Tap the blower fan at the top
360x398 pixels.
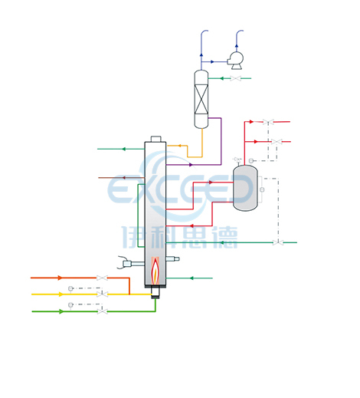click(x=235, y=61)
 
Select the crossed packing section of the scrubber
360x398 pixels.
click(x=201, y=99)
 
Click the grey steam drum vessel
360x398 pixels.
click(x=245, y=188)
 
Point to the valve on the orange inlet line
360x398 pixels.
click(x=102, y=278)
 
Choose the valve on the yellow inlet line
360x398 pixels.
click(x=103, y=294)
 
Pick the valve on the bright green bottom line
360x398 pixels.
click(x=103, y=311)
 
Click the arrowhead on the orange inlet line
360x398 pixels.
click(x=60, y=278)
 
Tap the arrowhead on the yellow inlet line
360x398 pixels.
click(x=61, y=294)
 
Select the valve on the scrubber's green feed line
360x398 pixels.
click(x=235, y=78)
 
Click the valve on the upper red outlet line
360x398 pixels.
click(x=268, y=122)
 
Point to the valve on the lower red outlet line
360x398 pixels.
click(x=277, y=142)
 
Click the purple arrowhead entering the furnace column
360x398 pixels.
click(x=191, y=165)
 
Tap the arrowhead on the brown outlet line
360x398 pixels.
click(x=124, y=178)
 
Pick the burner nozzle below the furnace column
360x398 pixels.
click(x=155, y=292)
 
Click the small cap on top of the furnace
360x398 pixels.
click(x=155, y=139)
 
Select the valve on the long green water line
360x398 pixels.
click(x=278, y=242)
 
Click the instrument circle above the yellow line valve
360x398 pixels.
click(x=70, y=288)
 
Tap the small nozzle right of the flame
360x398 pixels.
click(x=172, y=259)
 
